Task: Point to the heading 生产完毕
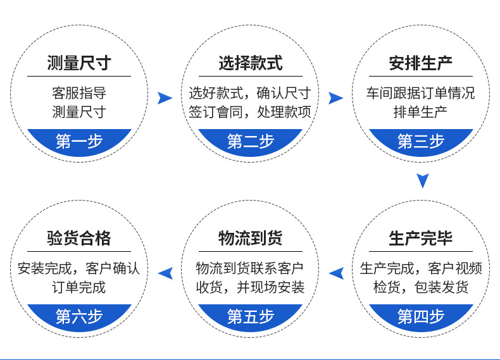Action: [421, 239]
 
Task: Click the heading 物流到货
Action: [250, 239]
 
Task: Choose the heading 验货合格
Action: [79, 239]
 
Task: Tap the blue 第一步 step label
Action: [79, 141]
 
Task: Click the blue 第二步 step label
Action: [250, 141]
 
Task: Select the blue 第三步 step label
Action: [421, 141]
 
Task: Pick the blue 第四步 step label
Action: [421, 316]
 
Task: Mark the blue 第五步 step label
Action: [250, 316]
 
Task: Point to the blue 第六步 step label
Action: [79, 316]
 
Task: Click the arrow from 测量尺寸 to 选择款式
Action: [165, 97]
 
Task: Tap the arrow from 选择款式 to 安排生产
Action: [335, 97]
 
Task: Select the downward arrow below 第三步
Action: [423, 181]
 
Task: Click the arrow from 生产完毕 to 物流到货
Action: [336, 273]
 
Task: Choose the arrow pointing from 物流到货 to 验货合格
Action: [165, 273]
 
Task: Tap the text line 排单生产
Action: [421, 113]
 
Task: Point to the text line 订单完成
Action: [79, 288]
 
